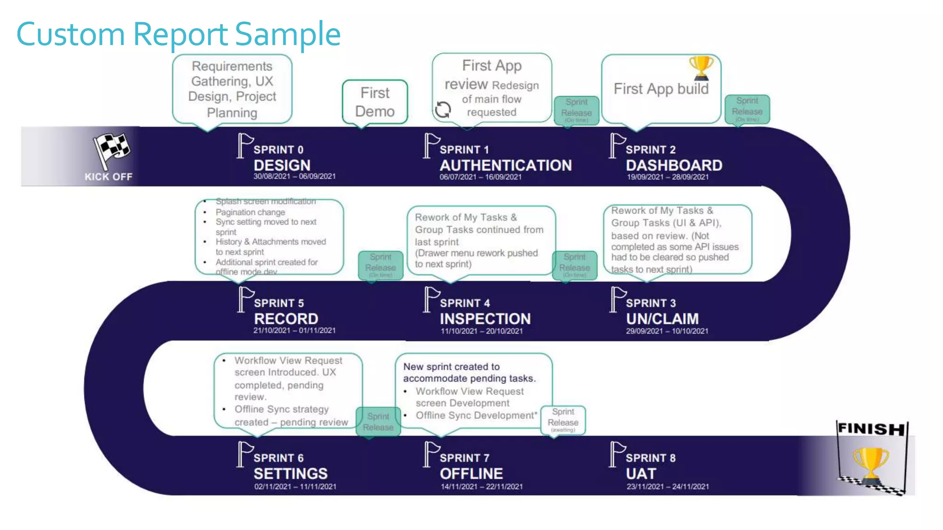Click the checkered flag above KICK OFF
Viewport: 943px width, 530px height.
111,148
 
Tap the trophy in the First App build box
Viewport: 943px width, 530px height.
701,67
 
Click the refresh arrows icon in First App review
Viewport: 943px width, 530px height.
443,109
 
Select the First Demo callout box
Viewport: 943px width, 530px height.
375,102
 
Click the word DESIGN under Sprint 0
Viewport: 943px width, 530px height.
282,165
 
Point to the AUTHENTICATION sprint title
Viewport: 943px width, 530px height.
505,165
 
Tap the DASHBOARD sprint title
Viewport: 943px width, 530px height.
674,165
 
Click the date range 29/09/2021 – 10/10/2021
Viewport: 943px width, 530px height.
667,331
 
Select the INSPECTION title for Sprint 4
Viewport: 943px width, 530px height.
485,318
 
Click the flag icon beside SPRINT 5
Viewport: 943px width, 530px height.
245,299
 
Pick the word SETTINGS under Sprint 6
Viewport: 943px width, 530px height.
290,473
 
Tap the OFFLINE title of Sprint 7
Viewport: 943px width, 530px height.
471,473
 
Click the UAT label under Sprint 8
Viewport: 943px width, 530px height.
640,473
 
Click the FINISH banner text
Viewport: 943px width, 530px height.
871,429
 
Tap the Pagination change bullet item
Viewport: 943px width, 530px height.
250,212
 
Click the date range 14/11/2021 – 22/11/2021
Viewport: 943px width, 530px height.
481,486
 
